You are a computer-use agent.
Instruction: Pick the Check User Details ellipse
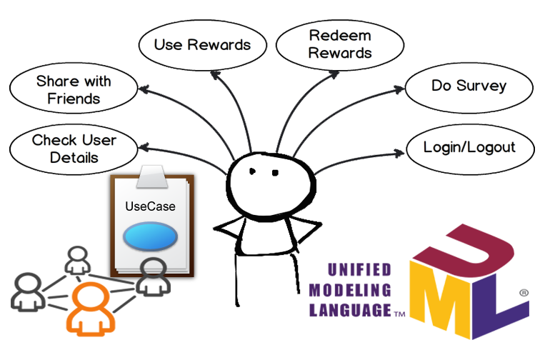[x=74, y=148]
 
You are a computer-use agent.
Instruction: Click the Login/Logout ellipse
[x=469, y=148]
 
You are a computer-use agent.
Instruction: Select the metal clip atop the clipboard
[x=154, y=175]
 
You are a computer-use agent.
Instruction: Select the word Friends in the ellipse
[x=73, y=99]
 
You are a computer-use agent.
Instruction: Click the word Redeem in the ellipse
[x=331, y=36]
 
